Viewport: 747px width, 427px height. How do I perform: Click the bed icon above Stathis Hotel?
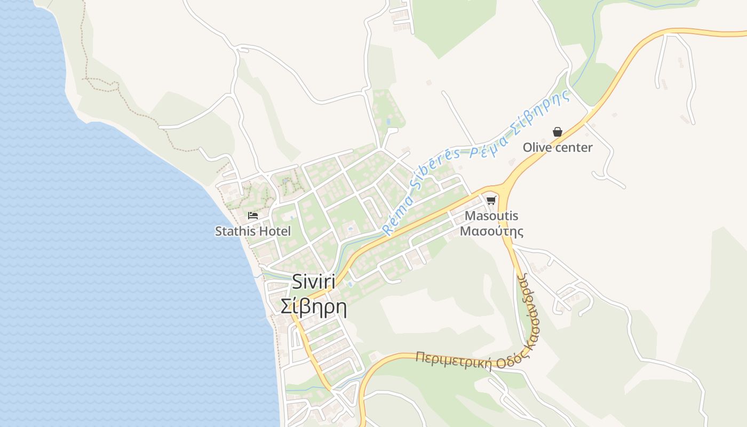253,216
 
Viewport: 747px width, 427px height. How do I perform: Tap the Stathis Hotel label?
253,232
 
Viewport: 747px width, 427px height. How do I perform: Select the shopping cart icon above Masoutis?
491,201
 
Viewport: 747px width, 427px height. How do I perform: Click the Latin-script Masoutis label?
491,216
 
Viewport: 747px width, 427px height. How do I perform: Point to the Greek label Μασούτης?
491,232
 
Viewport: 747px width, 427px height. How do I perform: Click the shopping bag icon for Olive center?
558,132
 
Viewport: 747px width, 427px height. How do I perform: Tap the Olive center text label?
558,148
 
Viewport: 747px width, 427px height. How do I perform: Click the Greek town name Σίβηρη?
314,307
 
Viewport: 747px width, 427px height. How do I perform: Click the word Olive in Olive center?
537,148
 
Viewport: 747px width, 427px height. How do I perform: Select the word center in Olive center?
574,148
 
